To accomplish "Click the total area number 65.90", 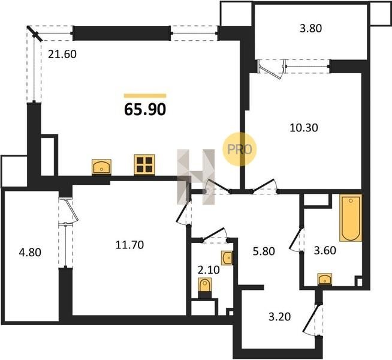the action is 145,109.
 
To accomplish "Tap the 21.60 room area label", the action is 62,54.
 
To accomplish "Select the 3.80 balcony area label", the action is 310,28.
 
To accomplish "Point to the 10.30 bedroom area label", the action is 304,128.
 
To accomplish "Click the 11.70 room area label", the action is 129,245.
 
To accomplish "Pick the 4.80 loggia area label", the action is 30,252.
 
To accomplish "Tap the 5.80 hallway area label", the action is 264,251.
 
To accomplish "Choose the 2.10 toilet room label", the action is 209,270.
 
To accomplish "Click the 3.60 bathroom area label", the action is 325,250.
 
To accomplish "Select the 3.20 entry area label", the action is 280,317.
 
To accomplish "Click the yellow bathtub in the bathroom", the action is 351,218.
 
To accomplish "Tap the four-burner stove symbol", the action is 144,164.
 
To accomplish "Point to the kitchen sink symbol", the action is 101,167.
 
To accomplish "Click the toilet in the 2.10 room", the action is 205,285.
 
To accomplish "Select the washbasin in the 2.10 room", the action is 227,258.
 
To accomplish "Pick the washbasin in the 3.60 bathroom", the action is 325,279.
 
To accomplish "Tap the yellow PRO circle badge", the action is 240,149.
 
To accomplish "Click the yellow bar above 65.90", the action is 145,95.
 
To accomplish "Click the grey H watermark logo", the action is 196,176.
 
